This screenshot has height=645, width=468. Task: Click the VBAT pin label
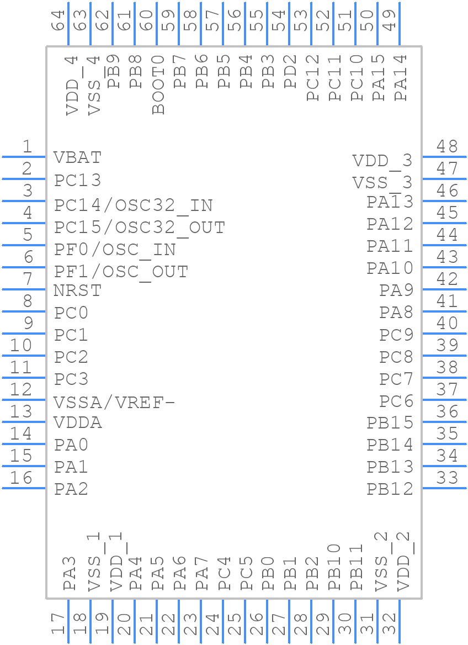click(x=77, y=158)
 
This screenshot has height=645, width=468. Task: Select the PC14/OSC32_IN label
click(x=133, y=205)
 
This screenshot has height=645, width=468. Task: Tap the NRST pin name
click(x=77, y=290)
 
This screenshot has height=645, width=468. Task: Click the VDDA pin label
click(x=78, y=423)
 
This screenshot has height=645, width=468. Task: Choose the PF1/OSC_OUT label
click(x=121, y=272)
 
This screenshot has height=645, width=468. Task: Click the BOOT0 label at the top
click(x=158, y=84)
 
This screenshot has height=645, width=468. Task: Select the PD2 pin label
click(x=291, y=72)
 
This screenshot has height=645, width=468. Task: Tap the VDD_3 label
click(x=382, y=161)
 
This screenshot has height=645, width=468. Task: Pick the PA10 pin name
click(x=390, y=268)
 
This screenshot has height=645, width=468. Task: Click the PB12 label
click(x=390, y=489)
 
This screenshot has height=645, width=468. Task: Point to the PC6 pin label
click(x=396, y=401)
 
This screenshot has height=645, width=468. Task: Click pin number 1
click(x=26, y=146)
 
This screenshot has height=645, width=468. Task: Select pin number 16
click(x=22, y=478)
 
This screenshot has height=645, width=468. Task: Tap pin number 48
click(x=447, y=146)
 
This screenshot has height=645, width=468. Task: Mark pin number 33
click(x=447, y=478)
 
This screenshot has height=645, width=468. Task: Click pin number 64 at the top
click(x=58, y=21)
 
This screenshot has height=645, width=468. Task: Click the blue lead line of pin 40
click(x=444, y=333)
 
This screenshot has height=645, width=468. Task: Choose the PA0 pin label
click(x=71, y=445)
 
